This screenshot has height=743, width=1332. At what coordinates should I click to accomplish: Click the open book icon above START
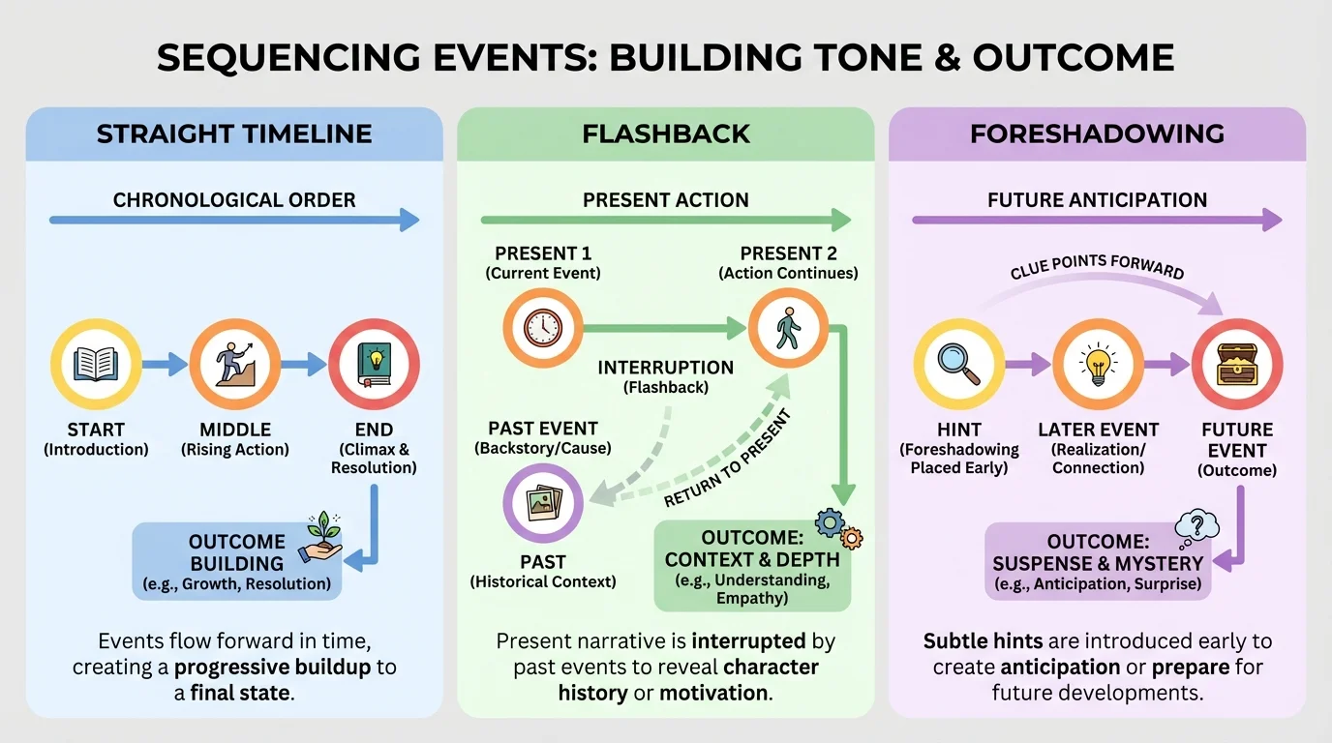tap(96, 365)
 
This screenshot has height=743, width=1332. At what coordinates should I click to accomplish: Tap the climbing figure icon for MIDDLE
tap(235, 365)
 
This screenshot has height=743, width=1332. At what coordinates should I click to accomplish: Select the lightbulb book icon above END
tap(374, 365)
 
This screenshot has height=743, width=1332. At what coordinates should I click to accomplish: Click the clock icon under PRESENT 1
tap(542, 328)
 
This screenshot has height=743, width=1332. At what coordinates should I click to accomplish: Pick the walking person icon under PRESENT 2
tap(788, 328)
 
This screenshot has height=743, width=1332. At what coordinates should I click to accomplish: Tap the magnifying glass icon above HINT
tap(958, 365)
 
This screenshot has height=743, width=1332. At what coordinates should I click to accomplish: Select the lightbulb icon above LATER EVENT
tap(1098, 365)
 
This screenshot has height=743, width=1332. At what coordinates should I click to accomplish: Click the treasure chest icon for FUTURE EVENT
tap(1237, 365)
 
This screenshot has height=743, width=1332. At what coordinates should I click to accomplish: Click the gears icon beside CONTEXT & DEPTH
tap(836, 528)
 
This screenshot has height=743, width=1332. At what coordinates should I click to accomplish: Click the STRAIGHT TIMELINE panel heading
tap(234, 134)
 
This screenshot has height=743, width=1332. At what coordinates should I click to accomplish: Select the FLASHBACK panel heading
tap(666, 134)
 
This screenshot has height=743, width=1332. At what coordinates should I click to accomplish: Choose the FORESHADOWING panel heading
tap(1097, 134)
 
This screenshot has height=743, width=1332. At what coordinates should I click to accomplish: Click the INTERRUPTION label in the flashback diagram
tap(665, 368)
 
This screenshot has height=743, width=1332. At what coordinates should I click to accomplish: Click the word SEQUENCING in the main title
tap(282, 58)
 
